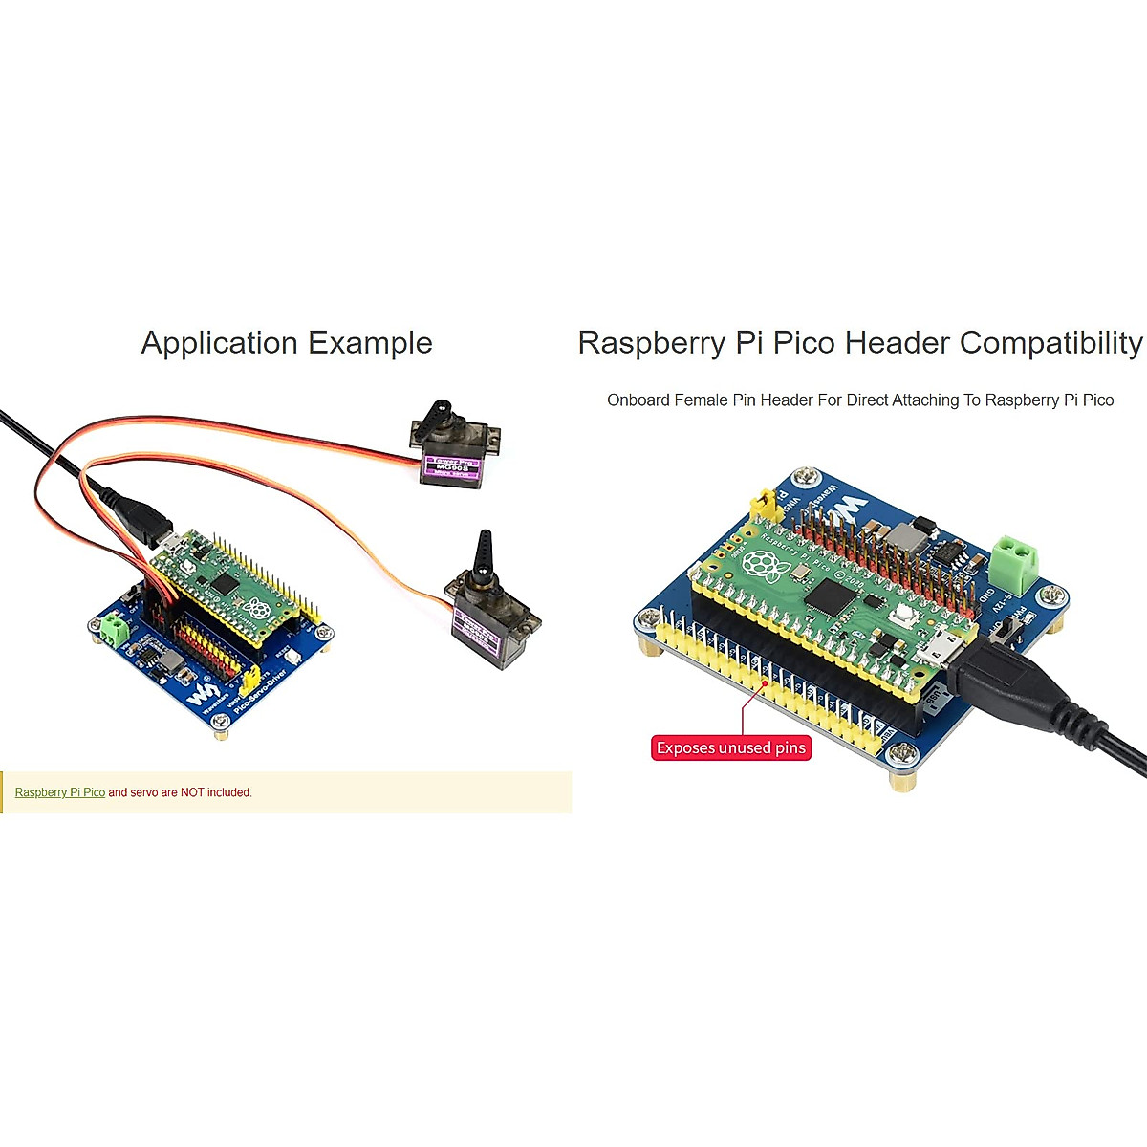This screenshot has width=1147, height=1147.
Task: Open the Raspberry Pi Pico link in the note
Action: coord(60,792)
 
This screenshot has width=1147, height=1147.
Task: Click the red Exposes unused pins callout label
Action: coord(731,747)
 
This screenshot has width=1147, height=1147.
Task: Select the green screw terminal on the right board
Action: coord(1014,564)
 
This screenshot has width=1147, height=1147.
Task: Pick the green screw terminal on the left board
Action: coord(114,629)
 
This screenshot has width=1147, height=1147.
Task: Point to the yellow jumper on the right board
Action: coord(762,504)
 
